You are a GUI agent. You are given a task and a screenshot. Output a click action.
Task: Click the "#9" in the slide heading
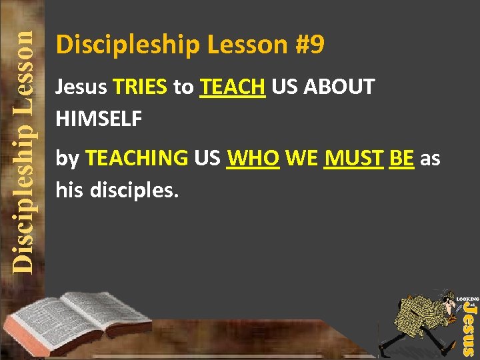[308, 45]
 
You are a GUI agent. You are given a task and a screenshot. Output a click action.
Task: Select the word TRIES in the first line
[140, 87]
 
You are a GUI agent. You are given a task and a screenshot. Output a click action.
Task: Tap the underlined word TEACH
[233, 87]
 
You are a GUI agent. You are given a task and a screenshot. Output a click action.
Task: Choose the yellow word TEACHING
[137, 159]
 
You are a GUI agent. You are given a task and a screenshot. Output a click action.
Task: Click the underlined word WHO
[253, 159]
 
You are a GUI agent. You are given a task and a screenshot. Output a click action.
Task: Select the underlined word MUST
[353, 159]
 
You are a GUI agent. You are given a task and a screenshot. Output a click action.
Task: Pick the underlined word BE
[401, 159]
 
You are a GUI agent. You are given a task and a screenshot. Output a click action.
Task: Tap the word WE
[301, 159]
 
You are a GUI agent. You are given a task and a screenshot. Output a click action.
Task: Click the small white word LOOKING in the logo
[468, 299]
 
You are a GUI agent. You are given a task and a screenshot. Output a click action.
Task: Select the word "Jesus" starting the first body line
[81, 87]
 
